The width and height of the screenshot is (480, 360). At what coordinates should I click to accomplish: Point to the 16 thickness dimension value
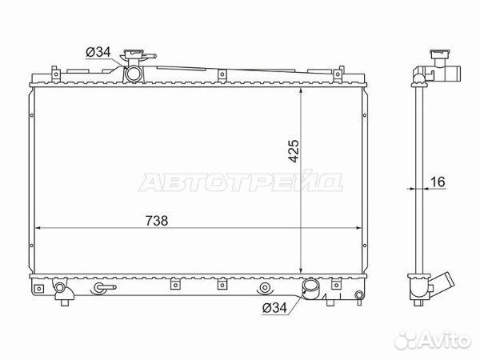(x=437, y=183)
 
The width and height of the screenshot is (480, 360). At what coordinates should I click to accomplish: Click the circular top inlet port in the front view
(x=133, y=74)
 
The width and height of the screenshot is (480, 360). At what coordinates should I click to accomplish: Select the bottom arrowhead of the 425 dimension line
(x=300, y=270)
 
